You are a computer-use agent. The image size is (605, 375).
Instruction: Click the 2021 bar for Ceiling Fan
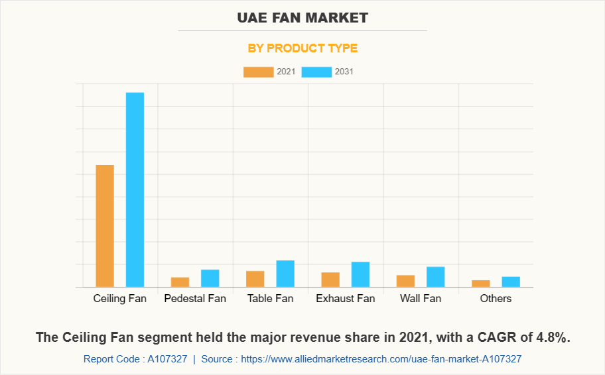(105, 226)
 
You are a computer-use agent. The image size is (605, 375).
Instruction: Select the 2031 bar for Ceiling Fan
(135, 189)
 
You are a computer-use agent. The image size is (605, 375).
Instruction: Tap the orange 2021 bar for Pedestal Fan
(180, 282)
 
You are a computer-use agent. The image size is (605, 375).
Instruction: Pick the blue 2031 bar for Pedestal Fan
(210, 278)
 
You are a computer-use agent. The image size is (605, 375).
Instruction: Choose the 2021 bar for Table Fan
(255, 279)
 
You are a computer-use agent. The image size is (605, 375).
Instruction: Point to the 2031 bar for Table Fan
(285, 274)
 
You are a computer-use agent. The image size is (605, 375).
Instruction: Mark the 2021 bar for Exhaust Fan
(330, 280)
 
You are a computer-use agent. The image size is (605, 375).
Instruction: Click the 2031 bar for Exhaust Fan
(360, 274)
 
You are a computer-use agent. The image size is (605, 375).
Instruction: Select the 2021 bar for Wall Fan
(405, 281)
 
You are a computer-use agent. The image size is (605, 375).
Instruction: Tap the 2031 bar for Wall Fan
(435, 277)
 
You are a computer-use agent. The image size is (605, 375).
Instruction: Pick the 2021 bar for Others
(481, 284)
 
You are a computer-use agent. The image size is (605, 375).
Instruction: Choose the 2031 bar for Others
(511, 282)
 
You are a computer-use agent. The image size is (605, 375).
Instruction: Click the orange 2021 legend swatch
(258, 72)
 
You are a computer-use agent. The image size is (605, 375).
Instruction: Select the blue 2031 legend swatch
(316, 72)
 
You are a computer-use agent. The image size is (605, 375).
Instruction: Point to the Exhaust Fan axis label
(345, 299)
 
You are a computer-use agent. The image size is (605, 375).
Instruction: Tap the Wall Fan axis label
(421, 299)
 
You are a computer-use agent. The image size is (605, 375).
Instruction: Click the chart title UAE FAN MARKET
(302, 18)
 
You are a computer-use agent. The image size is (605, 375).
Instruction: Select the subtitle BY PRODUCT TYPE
(302, 48)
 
